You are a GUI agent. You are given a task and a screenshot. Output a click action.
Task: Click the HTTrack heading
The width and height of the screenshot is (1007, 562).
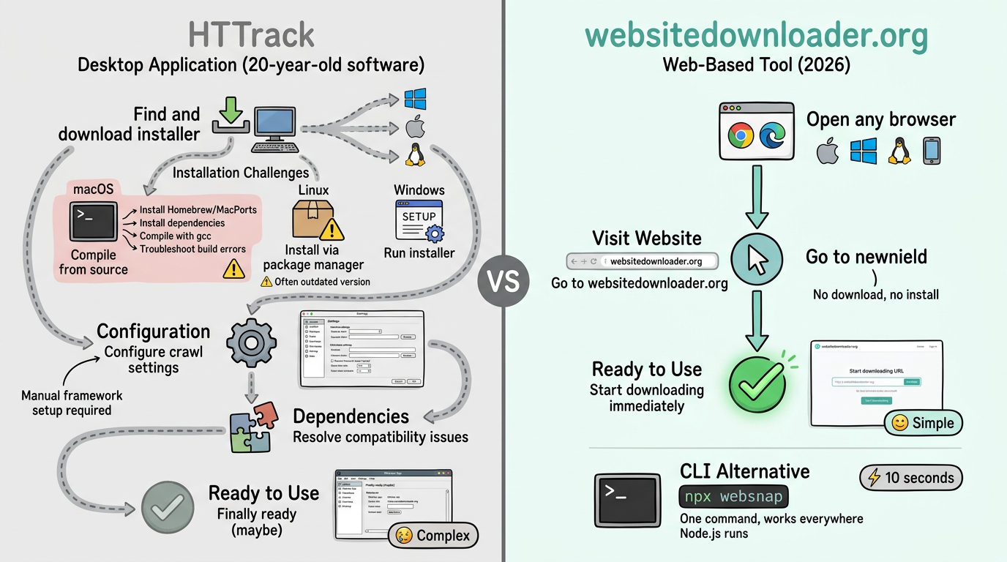[251, 35]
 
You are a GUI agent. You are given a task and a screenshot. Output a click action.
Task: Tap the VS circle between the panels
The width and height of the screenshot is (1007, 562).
[503, 280]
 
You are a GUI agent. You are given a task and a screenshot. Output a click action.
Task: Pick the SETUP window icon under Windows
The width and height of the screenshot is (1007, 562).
[419, 220]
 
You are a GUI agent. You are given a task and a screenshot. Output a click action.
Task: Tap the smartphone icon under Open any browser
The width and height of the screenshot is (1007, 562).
[932, 151]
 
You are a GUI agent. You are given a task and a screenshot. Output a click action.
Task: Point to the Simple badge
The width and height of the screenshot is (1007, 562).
[924, 423]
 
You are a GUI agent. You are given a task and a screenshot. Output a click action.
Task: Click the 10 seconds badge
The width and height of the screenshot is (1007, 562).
[911, 478]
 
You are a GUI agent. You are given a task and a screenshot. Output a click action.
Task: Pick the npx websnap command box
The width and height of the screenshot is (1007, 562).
[734, 497]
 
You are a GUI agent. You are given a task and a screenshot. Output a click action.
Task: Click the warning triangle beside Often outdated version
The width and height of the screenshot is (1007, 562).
[266, 282]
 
